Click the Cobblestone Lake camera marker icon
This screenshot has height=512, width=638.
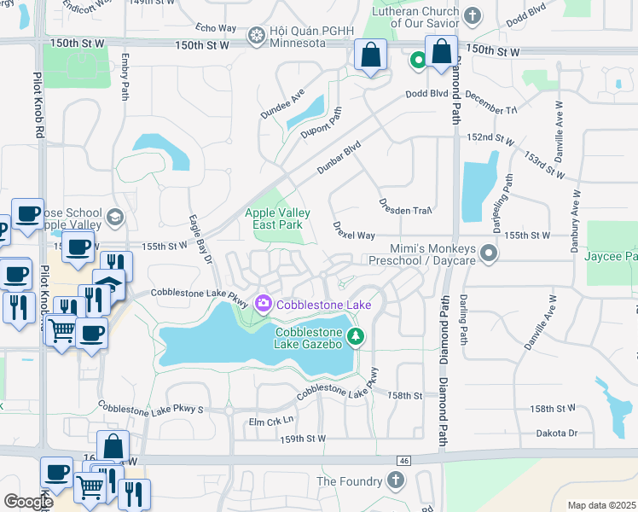[x=263, y=303]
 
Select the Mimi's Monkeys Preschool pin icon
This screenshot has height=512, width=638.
[x=488, y=253]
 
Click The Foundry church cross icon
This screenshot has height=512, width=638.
[x=395, y=480]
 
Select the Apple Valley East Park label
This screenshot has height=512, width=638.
[x=278, y=218]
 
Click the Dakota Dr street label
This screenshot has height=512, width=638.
[x=558, y=433]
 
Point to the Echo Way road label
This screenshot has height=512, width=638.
[x=215, y=28]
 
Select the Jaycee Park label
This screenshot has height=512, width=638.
[x=612, y=256]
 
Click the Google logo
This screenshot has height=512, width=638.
[x=29, y=502]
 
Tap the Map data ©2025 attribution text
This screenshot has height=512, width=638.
[x=601, y=505]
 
